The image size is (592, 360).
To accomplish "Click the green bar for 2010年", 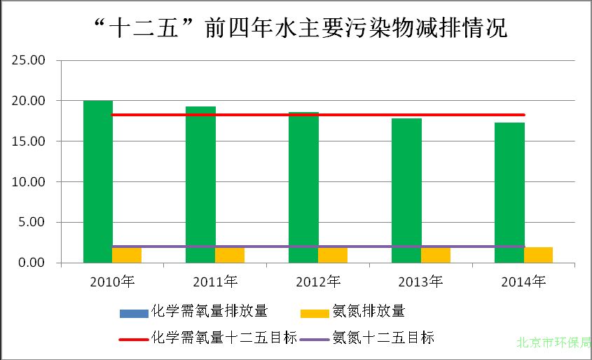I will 98,182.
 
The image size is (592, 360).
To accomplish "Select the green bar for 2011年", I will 200,185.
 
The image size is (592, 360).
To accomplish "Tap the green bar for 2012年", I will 303,188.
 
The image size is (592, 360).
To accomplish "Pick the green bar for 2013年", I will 406,191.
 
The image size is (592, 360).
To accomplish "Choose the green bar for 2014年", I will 509,193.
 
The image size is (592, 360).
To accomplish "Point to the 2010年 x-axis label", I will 112,282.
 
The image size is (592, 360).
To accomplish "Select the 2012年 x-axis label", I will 318,282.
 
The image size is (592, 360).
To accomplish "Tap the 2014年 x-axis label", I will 523,282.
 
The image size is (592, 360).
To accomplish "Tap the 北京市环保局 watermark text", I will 553,344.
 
